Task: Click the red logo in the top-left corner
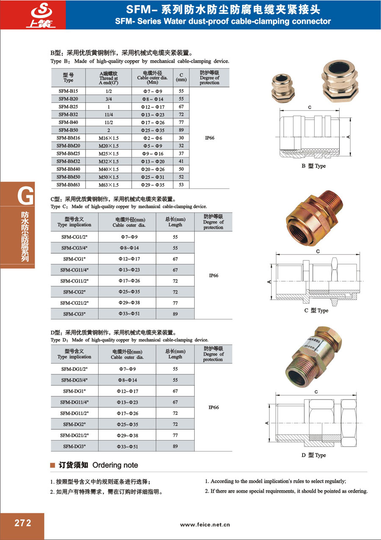pyautogui.click(x=33, y=15)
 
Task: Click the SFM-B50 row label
pyautogui.click(x=68, y=130)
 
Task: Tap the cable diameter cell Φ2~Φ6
pyautogui.click(x=153, y=138)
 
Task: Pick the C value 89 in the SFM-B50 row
pyautogui.click(x=181, y=130)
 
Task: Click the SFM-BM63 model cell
pyautogui.click(x=68, y=184)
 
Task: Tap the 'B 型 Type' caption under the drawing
pyautogui.click(x=313, y=166)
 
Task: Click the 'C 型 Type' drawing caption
pyautogui.click(x=316, y=311)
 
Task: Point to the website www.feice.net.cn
pyautogui.click(x=205, y=524)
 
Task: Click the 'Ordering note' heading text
pyautogui.click(x=115, y=465)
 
